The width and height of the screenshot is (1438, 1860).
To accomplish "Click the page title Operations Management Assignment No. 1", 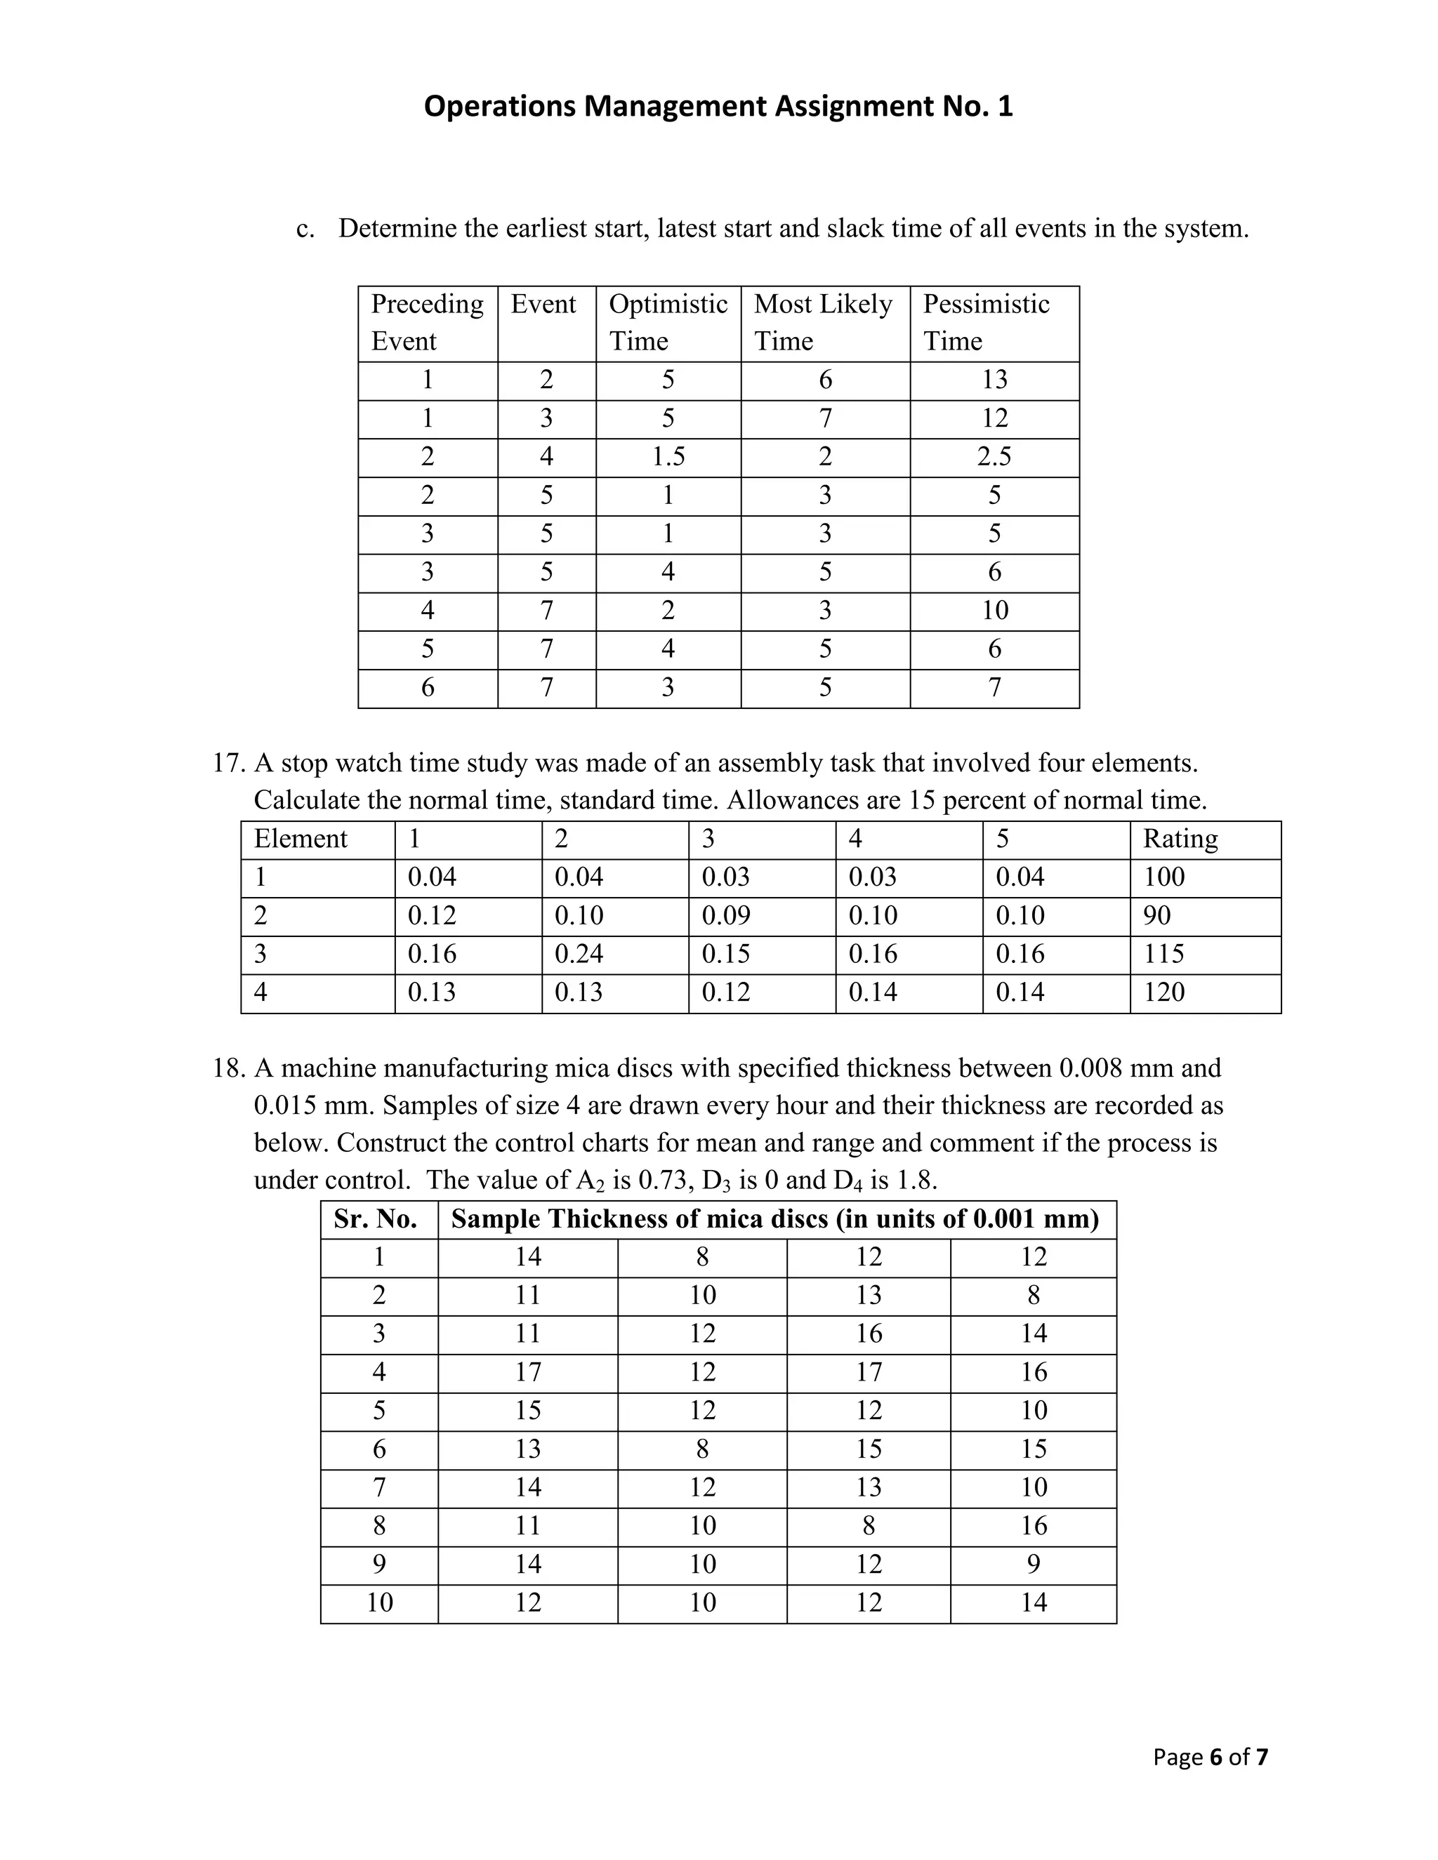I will pyautogui.click(x=718, y=107).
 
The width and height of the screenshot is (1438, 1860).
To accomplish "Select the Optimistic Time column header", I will pyautogui.click(x=668, y=322).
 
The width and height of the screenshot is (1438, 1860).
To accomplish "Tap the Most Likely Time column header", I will pyautogui.click(x=823, y=322).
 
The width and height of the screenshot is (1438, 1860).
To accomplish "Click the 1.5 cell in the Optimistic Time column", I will pyautogui.click(x=668, y=456).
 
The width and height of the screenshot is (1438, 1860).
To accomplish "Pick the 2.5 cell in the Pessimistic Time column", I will pyautogui.click(x=994, y=456).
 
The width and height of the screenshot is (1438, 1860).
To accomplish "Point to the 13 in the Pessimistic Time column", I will pyautogui.click(x=994, y=380).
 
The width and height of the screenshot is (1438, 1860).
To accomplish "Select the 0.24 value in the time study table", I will pyautogui.click(x=579, y=953).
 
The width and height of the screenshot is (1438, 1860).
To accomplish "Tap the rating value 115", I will pyautogui.click(x=1163, y=953).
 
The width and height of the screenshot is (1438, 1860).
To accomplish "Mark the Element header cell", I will pyautogui.click(x=301, y=839).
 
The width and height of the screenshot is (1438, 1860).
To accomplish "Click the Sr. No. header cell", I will pyautogui.click(x=376, y=1218).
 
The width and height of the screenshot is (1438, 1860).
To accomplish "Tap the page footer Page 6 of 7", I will pyautogui.click(x=1210, y=1757).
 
